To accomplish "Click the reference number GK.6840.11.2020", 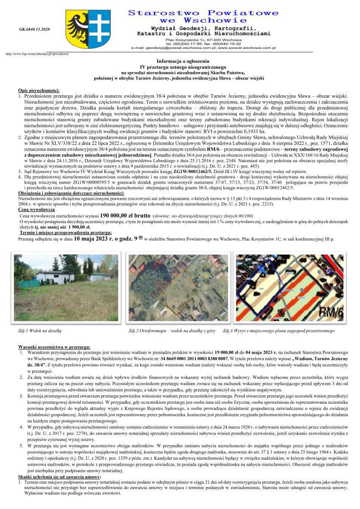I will tap(34, 29).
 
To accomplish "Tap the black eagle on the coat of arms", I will tap(77, 27).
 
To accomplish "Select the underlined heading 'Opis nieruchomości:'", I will tap(39, 91).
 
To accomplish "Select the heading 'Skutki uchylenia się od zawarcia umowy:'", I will tap(59, 478).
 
